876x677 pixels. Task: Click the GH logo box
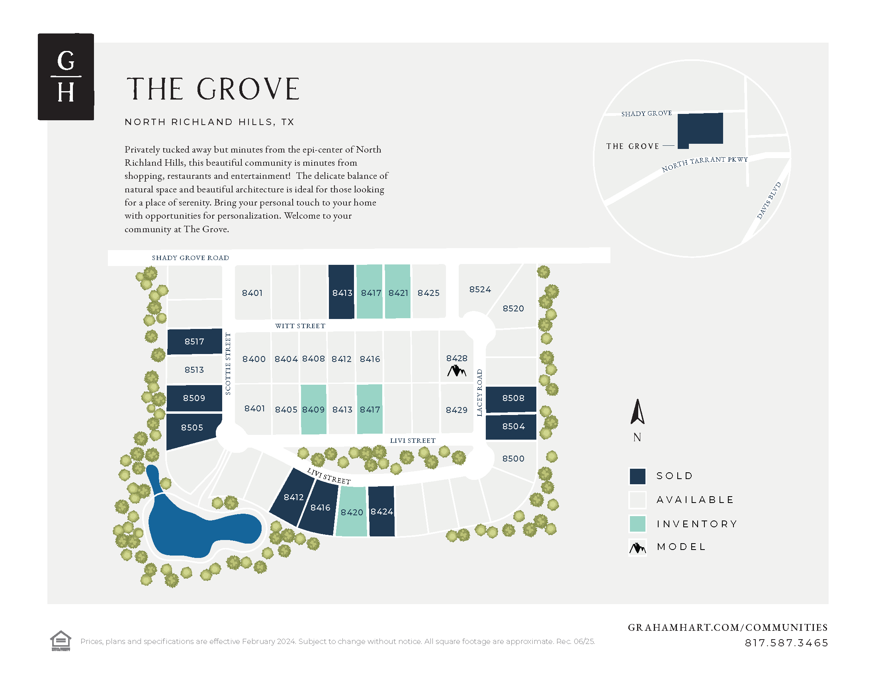coord(66,76)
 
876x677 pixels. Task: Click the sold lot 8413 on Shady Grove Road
coord(341,292)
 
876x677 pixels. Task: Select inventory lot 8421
coord(397,292)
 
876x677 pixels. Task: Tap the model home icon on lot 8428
coord(456,371)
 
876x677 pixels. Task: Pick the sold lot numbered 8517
coord(194,341)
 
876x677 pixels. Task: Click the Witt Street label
coord(300,326)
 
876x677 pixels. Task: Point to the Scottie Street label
coord(228,364)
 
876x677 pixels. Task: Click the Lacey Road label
coord(479,393)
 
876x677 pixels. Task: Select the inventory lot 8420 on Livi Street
coord(351,512)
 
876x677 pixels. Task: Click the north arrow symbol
coord(637,412)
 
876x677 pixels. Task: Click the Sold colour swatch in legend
coord(637,476)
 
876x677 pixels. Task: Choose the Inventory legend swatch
coord(637,524)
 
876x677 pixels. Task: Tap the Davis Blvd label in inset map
coord(768,201)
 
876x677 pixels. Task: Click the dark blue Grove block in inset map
coord(700,128)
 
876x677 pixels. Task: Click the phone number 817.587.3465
coord(786,643)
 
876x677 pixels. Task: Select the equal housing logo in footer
coord(61,640)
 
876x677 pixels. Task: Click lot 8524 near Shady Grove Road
coord(480,289)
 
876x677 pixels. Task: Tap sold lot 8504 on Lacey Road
coord(513,427)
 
